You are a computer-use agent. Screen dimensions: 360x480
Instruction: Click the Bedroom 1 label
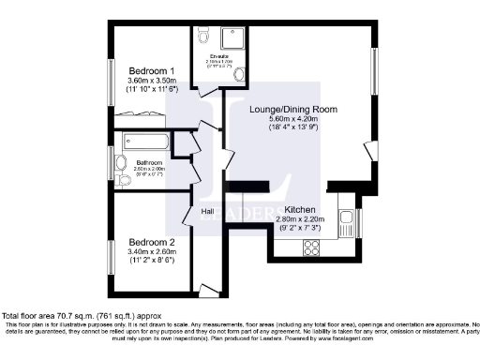tap(151, 71)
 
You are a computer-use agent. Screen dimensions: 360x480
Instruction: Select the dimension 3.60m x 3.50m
tap(151, 82)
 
